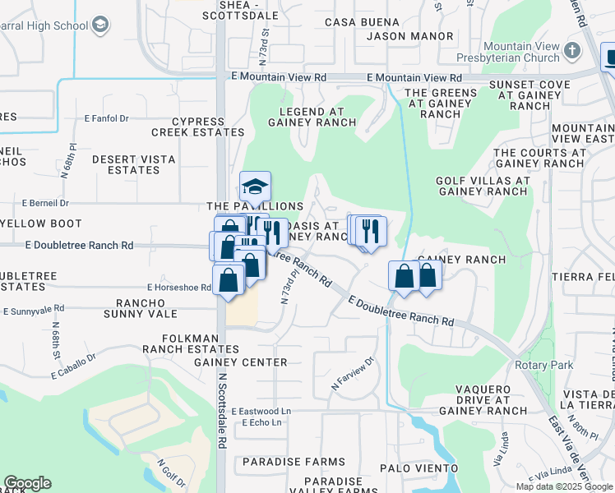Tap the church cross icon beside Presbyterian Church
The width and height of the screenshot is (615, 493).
pyautogui.click(x=574, y=53)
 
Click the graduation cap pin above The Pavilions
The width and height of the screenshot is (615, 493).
pyautogui.click(x=255, y=187)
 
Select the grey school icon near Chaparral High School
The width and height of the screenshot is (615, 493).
pyautogui.click(x=101, y=25)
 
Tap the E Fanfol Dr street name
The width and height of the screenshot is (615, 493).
pyautogui.click(x=107, y=118)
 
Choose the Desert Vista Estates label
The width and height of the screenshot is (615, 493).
pyautogui.click(x=126, y=164)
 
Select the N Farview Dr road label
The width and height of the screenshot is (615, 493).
pyautogui.click(x=353, y=372)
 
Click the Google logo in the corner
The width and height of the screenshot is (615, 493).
pyautogui.click(x=27, y=483)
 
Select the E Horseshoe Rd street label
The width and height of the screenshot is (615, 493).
pyautogui.click(x=179, y=287)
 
